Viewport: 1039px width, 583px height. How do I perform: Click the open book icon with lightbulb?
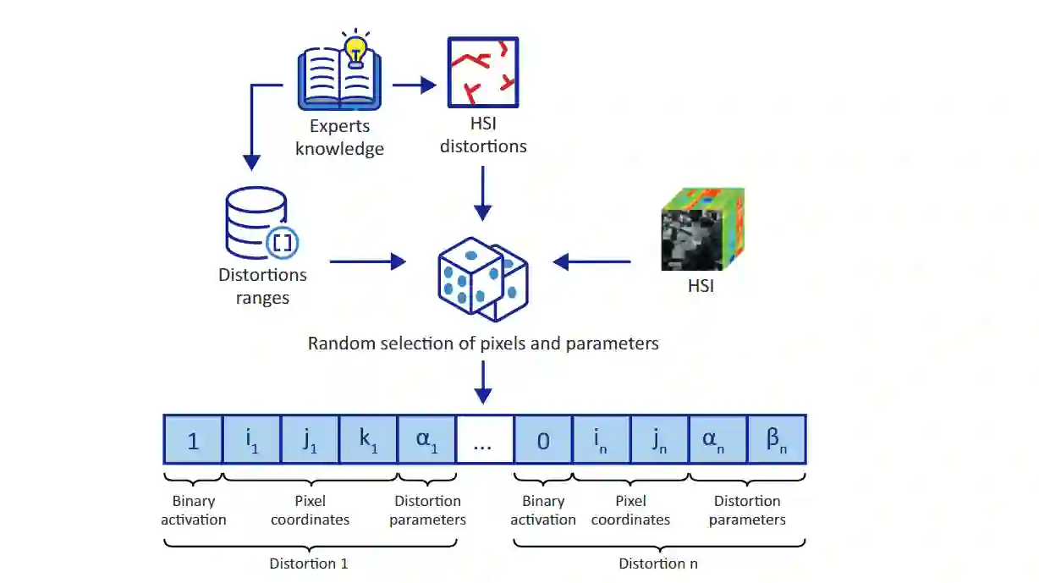(x=339, y=76)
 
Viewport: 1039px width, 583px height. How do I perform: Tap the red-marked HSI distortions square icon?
(x=481, y=73)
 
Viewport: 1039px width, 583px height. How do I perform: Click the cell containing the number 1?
(x=193, y=440)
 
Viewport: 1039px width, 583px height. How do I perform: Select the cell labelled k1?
(x=368, y=440)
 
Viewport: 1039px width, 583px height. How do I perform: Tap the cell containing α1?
(x=426, y=440)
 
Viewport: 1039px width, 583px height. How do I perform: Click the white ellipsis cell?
(x=484, y=440)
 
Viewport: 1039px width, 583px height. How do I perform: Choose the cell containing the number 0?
(x=543, y=440)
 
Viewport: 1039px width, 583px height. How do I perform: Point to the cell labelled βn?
(x=776, y=440)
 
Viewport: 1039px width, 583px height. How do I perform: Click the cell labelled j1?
(x=310, y=440)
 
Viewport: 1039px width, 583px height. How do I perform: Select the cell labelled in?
(x=602, y=440)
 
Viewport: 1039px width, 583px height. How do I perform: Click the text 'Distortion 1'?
(x=309, y=564)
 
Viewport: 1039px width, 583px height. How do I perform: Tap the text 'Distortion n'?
(x=657, y=564)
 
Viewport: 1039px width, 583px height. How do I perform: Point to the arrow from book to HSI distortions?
(x=414, y=85)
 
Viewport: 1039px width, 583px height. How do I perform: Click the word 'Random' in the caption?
(x=339, y=344)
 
